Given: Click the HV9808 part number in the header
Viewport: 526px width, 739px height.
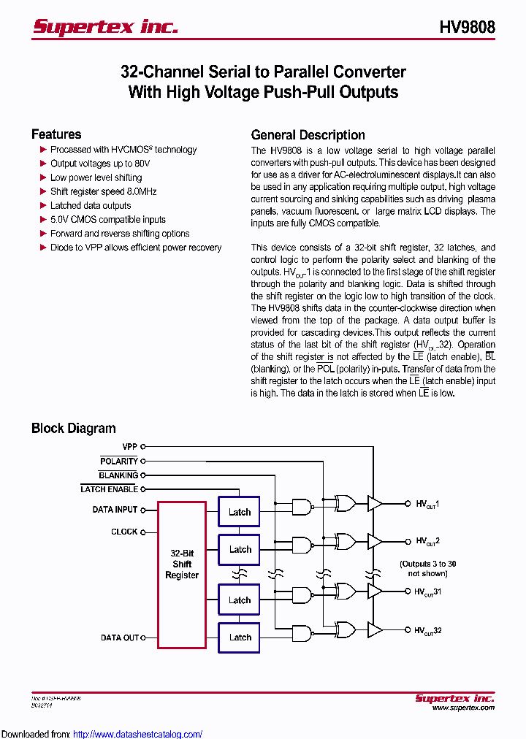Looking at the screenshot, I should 467,28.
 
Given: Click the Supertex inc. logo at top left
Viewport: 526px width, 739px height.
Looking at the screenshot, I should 105,27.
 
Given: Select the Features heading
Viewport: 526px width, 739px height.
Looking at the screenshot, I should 56,134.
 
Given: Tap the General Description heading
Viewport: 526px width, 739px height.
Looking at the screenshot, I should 308,135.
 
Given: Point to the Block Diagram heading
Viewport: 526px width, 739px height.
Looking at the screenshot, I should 73,429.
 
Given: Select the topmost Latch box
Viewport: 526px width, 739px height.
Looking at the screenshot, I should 239,512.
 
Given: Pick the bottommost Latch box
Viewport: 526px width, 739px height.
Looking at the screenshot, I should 239,637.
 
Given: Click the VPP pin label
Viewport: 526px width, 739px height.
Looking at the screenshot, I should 129,446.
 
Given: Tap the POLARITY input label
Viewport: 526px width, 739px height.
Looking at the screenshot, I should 119,462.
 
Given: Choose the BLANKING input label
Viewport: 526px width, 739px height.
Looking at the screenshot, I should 118,475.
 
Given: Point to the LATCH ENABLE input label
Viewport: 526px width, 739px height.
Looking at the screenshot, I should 109,489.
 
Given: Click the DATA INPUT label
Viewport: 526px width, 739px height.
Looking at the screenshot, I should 115,510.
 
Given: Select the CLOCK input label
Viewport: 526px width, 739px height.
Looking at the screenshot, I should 124,532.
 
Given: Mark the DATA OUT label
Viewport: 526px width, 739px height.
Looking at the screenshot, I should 120,637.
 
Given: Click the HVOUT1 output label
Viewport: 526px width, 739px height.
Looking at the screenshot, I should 427,504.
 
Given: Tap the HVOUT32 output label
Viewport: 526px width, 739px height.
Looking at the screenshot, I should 427,631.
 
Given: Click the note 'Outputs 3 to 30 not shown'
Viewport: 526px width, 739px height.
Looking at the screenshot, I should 427,568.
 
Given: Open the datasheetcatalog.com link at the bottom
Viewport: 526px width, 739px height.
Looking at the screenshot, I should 137,734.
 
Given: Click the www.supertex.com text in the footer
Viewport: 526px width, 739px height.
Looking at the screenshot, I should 462,708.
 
